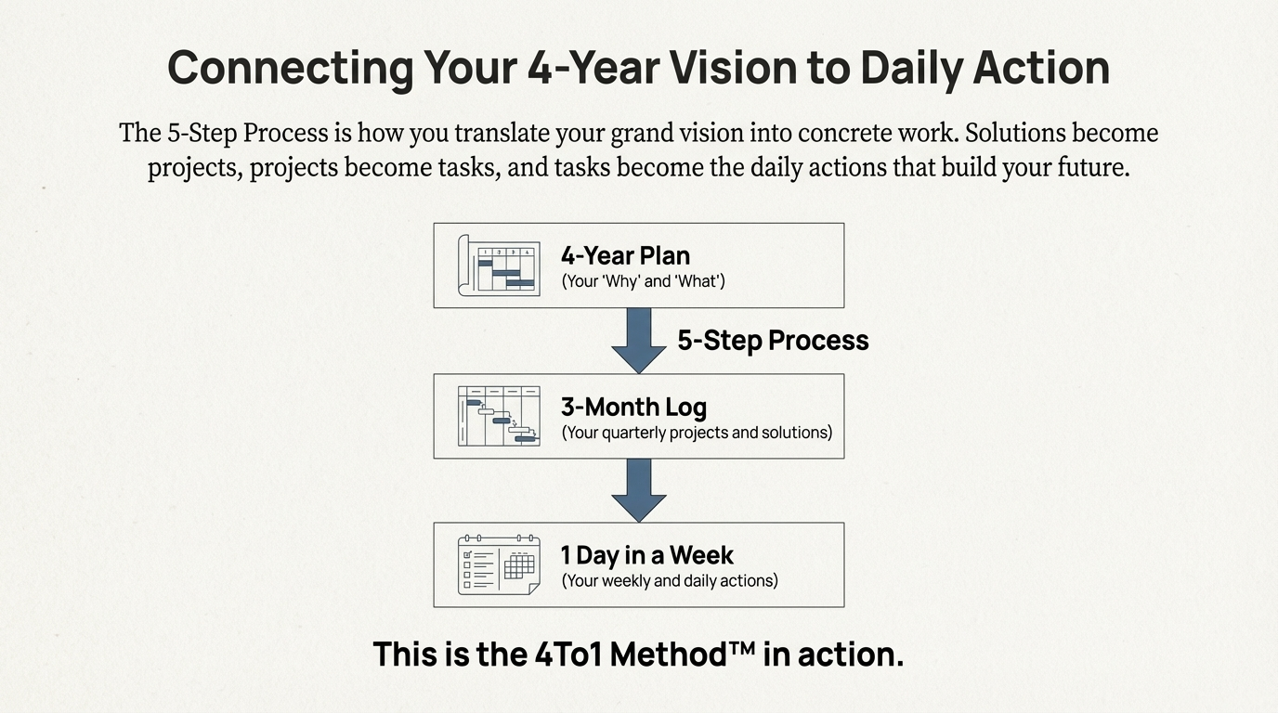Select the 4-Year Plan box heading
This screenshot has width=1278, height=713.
point(625,255)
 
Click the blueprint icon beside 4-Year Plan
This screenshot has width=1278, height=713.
point(499,265)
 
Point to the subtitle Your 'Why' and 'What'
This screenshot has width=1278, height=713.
point(643,281)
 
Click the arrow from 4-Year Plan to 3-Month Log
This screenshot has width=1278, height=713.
point(639,340)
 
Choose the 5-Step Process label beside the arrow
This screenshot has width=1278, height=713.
point(773,341)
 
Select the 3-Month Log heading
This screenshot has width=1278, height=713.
point(633,407)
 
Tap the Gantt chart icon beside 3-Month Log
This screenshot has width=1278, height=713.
point(499,416)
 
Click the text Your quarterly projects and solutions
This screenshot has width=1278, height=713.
point(697,433)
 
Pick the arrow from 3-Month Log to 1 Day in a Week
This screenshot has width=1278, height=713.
point(639,489)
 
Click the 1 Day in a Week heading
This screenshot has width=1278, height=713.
point(646,555)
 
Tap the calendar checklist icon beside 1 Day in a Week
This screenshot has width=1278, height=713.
point(499,564)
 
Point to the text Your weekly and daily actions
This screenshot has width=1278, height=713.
point(670,581)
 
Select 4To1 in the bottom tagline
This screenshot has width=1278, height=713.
point(568,655)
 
